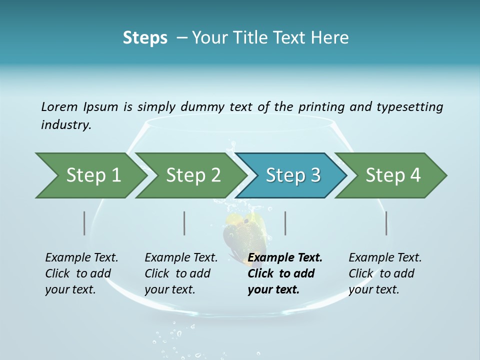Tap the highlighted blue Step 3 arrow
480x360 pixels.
tap(293, 175)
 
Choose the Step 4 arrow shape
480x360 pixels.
tap(393, 175)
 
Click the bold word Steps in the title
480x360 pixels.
tap(145, 37)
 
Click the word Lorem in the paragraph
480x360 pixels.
tap(59, 106)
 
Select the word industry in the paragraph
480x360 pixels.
tap(66, 124)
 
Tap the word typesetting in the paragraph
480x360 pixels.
tap(409, 106)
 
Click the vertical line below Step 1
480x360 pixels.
tap(84, 223)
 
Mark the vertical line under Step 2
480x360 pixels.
tap(184, 223)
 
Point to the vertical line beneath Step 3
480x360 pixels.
tap(285, 223)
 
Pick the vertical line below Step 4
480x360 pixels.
tap(386, 223)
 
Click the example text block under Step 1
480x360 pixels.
tap(81, 273)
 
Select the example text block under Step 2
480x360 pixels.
tap(181, 273)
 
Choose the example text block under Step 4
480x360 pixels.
tap(385, 273)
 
